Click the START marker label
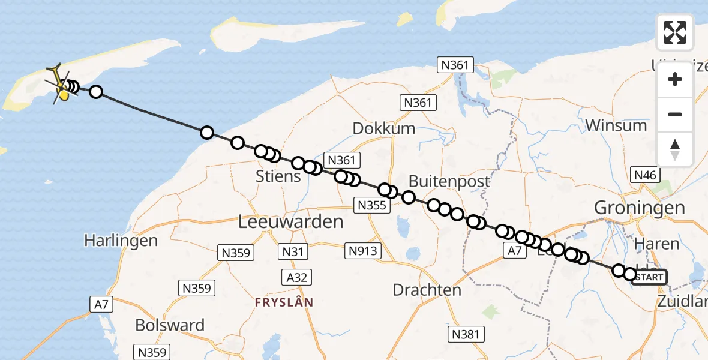click(649, 277)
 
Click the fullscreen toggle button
click(675, 32)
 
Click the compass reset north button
click(675, 149)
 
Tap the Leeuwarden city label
click(291, 221)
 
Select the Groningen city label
click(639, 208)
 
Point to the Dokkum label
click(384, 128)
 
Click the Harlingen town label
click(121, 241)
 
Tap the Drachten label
click(427, 290)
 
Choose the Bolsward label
click(170, 325)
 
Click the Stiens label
click(278, 177)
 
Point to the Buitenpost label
click(449, 181)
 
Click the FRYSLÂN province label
click(284, 302)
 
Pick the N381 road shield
click(467, 334)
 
